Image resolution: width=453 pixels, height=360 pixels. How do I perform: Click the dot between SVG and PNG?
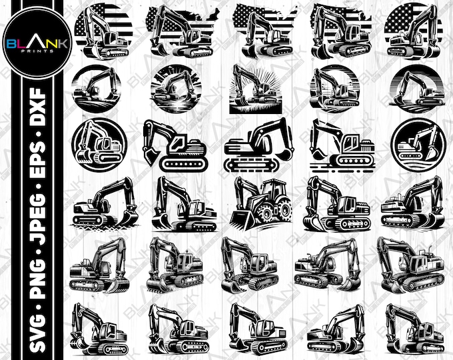pyautogui.click(x=30, y=303)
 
